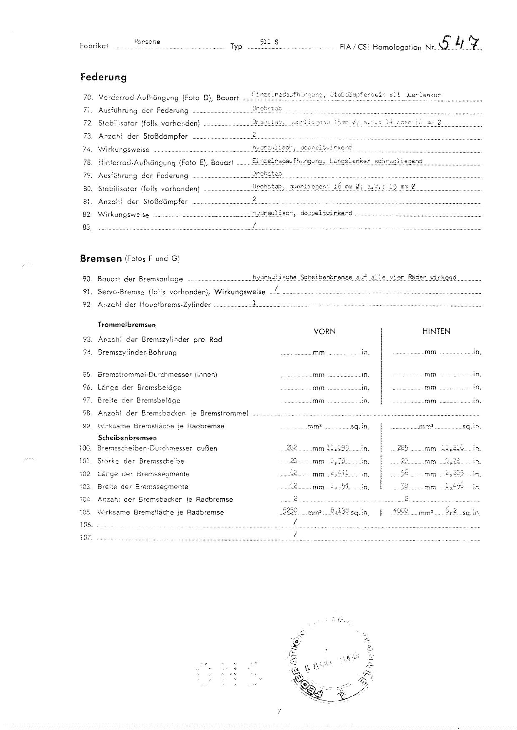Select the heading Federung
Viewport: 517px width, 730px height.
point(103,77)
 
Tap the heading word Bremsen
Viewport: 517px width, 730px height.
point(100,258)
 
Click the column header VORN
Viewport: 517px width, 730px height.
point(324,332)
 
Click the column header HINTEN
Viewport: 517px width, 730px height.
point(436,332)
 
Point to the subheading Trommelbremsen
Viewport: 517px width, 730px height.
point(127,325)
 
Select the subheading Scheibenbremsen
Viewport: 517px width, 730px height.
point(128,438)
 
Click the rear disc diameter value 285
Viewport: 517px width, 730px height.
point(402,447)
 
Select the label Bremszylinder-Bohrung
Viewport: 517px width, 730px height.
point(137,352)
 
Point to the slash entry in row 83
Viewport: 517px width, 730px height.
point(254,225)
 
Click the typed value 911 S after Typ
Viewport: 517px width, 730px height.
point(269,42)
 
